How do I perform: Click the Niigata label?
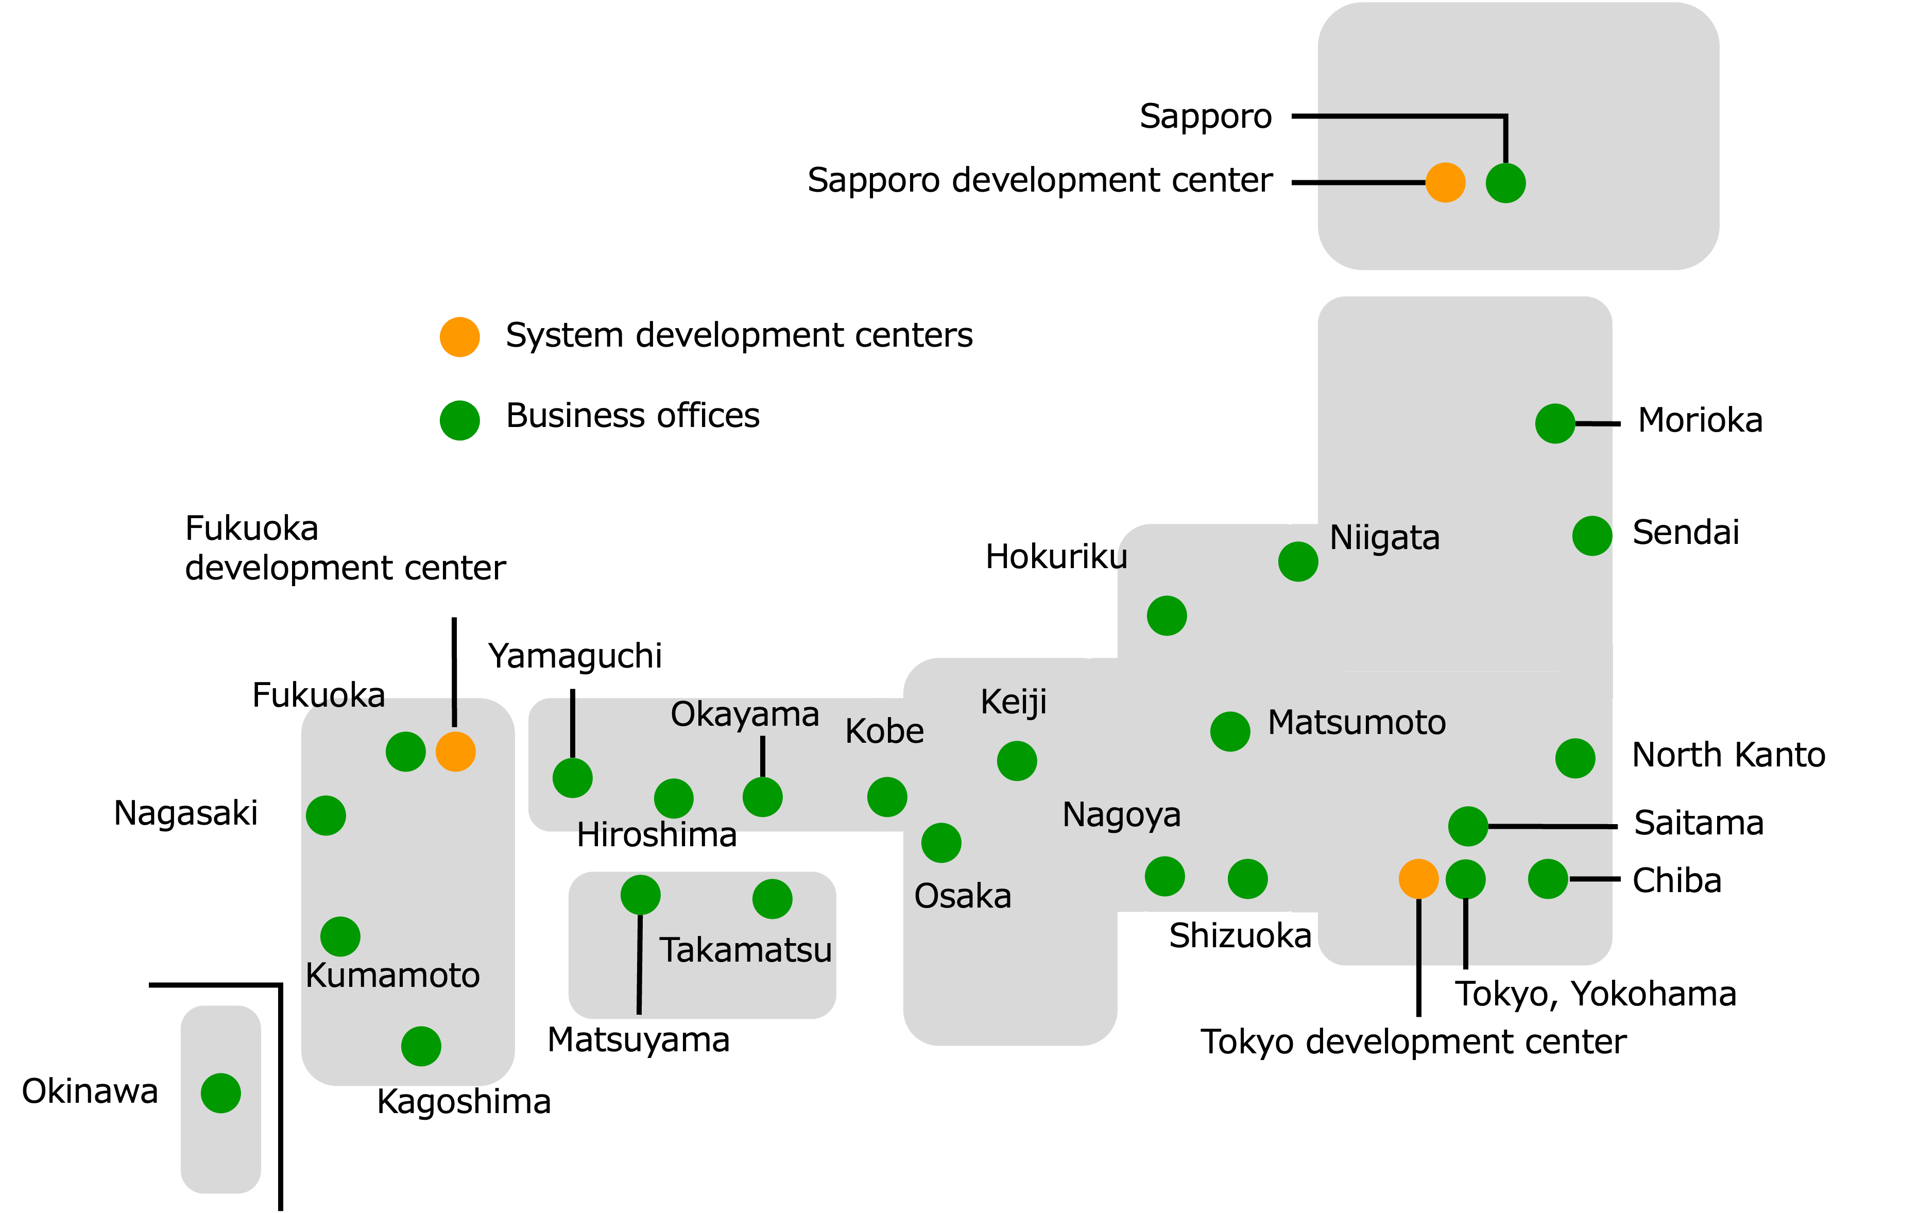click(x=1384, y=538)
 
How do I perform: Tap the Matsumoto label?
click(x=1357, y=723)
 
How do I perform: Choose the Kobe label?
click(x=885, y=731)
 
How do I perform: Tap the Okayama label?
click(x=744, y=714)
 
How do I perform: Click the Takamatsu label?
click(x=745, y=950)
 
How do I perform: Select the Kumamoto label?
click(x=392, y=976)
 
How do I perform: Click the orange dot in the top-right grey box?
click(x=1445, y=182)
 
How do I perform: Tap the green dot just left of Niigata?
click(x=1297, y=561)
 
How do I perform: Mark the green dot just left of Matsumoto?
click(x=1230, y=731)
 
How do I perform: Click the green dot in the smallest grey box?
click(x=221, y=1092)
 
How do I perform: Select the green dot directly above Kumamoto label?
click(x=340, y=936)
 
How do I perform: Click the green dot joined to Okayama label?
click(x=762, y=797)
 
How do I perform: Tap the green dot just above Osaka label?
click(x=941, y=843)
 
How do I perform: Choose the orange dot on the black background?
click(x=460, y=337)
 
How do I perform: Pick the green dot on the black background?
click(x=460, y=420)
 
